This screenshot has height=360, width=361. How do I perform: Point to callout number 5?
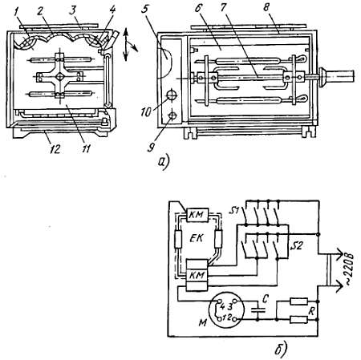pyautogui.click(x=144, y=10)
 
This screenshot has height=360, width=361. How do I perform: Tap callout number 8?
pyautogui.click(x=266, y=7)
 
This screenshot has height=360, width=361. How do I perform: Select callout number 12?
pyautogui.click(x=55, y=149)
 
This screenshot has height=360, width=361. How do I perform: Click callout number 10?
pyautogui.click(x=146, y=112)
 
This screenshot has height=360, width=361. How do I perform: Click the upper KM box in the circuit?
pyautogui.click(x=197, y=215)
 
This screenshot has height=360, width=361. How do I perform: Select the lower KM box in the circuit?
pyautogui.click(x=197, y=276)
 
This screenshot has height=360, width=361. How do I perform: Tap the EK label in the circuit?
pyautogui.click(x=197, y=238)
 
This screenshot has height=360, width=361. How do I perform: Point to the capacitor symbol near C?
pyautogui.click(x=258, y=310)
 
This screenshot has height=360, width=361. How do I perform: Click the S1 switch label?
pyautogui.click(x=234, y=212)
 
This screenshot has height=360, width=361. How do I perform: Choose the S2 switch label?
pyautogui.click(x=296, y=245)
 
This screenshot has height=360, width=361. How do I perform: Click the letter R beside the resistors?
pyautogui.click(x=312, y=312)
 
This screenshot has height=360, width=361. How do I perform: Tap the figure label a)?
pyautogui.click(x=164, y=161)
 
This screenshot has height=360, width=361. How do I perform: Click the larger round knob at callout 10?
pyautogui.click(x=172, y=95)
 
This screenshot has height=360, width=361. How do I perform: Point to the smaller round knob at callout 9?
pyautogui.click(x=172, y=115)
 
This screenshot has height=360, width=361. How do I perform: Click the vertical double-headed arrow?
pyautogui.click(x=126, y=44)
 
